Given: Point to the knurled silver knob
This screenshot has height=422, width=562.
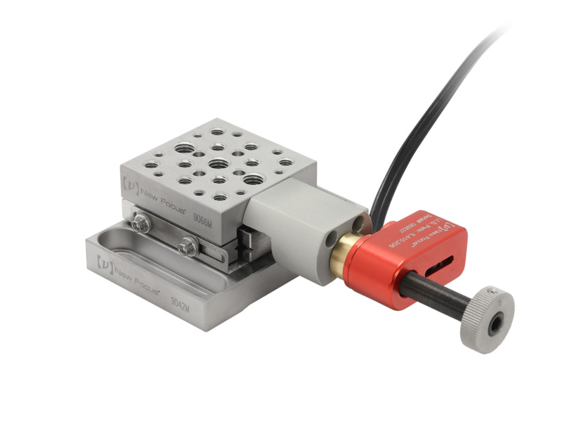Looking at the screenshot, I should pos(485,320).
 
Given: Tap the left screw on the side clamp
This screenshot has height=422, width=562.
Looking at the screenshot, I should pos(140,224).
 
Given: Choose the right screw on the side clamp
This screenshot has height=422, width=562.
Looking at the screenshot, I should pos(188,247).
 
